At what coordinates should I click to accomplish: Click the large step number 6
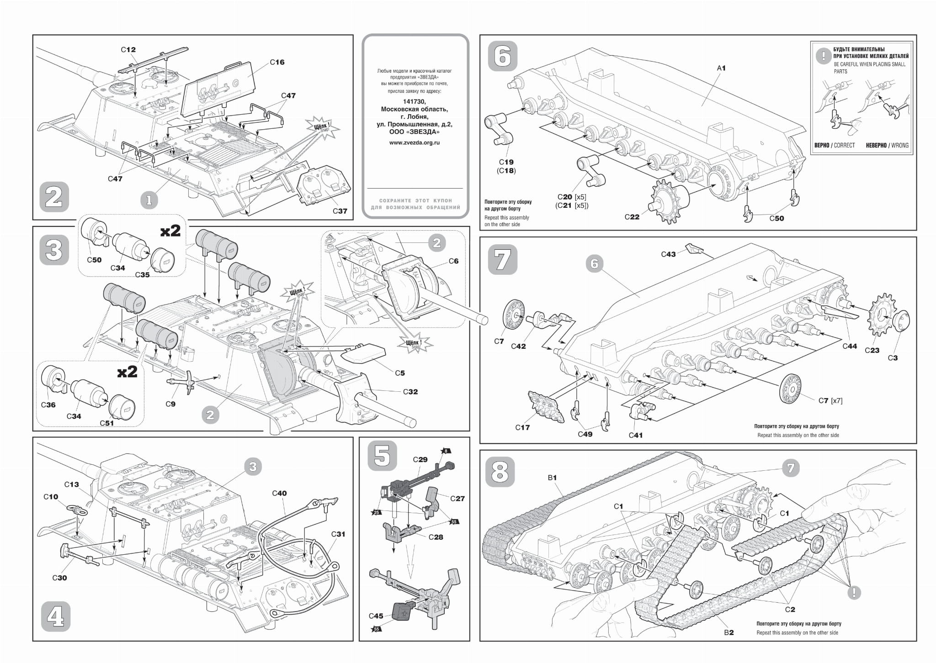point(503,56)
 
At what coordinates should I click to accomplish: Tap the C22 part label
point(632,217)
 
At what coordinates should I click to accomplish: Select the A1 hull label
point(721,68)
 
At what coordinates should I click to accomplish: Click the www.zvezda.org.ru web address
point(415,142)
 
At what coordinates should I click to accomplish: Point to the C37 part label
point(340,211)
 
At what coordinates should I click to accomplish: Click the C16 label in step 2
point(277,62)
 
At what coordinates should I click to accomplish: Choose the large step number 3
point(54,250)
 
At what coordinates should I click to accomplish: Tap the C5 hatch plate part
point(364,353)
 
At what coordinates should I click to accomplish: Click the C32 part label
point(410,392)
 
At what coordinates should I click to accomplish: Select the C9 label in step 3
point(170,404)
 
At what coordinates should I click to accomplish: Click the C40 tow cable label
point(279,493)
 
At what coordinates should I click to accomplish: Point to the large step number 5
point(382,456)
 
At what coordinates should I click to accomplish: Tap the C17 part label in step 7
point(522,428)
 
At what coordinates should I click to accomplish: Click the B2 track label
point(729,632)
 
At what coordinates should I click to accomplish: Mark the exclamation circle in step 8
point(853,593)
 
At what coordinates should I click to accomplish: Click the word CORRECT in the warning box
point(844,145)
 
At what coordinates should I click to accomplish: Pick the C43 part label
point(668,254)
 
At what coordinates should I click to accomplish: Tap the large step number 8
point(500,472)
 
